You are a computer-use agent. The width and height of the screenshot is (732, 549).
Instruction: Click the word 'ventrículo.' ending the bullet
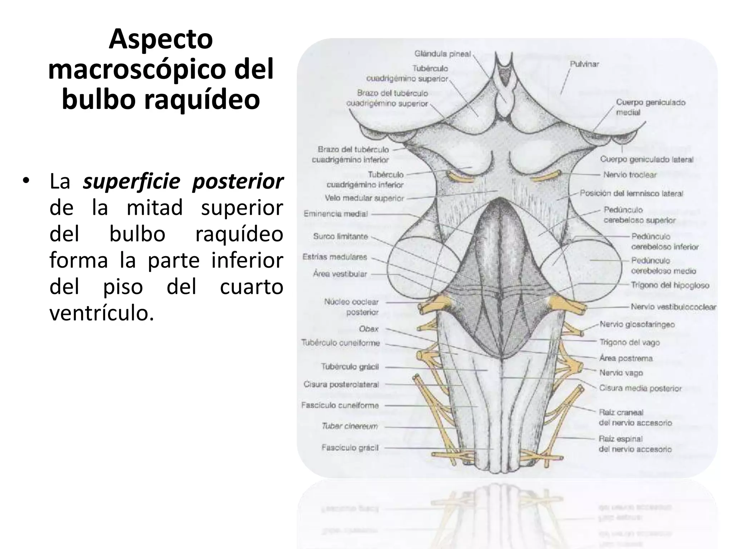[x=102, y=313]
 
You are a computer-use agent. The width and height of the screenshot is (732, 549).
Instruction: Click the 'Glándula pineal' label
[x=442, y=54]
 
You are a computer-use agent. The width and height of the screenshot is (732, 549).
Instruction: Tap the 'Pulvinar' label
[x=584, y=64]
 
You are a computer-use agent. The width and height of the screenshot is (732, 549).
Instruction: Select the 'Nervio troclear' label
[x=630, y=175]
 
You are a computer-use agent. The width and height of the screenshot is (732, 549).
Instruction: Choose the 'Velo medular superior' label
[x=364, y=198]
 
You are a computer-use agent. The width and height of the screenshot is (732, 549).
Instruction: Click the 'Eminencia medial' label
[x=336, y=214]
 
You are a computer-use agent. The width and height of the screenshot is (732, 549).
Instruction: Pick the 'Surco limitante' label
[x=340, y=236]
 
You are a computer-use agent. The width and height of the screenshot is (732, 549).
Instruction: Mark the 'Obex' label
[x=369, y=329]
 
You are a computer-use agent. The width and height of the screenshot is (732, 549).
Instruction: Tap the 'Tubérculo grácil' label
[x=350, y=367]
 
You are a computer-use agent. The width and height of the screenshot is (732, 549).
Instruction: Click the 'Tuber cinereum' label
[x=350, y=426]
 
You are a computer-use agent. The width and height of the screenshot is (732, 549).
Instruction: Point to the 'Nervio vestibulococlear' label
[x=673, y=307]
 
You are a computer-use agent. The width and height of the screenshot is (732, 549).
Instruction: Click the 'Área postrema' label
[x=626, y=358]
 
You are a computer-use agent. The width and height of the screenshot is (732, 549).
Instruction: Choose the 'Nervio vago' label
[x=621, y=373]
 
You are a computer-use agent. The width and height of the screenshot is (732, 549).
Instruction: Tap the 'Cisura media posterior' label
[x=640, y=388]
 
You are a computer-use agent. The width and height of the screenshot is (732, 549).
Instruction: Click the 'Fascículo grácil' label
[x=350, y=447]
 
